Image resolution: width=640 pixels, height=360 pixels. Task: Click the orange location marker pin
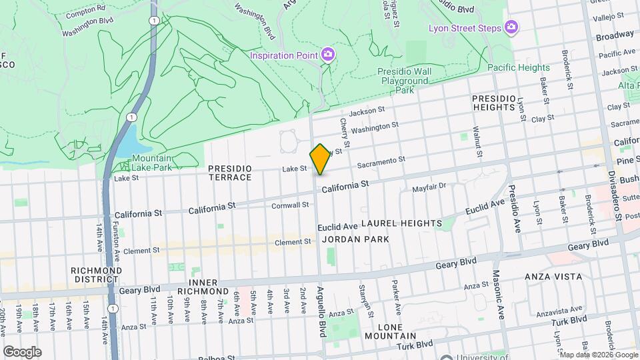click(320, 159)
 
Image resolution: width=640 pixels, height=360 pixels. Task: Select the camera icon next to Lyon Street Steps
click(511, 27)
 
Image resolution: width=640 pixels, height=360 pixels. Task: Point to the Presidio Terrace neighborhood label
click(229, 173)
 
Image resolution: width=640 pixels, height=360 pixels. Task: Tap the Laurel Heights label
click(402, 223)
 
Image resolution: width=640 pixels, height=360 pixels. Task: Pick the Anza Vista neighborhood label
click(553, 276)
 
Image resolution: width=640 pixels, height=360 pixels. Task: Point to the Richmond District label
click(97, 275)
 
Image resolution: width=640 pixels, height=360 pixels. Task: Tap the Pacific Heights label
click(518, 67)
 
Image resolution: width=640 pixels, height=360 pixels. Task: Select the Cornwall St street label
click(289, 205)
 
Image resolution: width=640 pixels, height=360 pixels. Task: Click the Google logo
click(22, 351)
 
